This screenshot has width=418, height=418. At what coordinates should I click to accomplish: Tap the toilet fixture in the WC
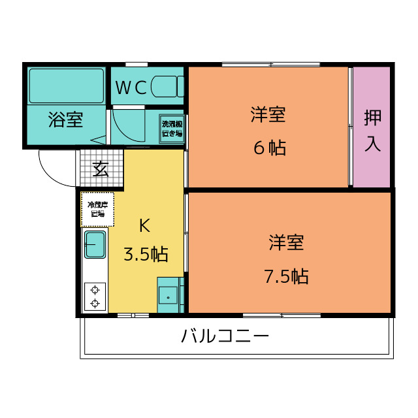click(167, 87)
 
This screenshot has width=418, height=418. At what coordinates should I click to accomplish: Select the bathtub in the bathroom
click(67, 86)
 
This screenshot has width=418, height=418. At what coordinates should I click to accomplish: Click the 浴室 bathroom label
click(65, 120)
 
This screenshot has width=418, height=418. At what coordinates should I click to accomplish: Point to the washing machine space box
click(172, 128)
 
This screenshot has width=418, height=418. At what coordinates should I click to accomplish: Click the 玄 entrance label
click(100, 169)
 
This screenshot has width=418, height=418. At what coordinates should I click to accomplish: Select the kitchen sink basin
click(95, 244)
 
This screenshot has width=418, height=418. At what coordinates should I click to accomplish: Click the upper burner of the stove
click(95, 289)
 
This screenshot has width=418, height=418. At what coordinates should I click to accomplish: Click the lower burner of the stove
click(95, 303)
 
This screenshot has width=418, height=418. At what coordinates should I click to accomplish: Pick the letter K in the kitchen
click(144, 226)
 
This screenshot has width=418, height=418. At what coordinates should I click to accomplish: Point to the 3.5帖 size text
click(146, 254)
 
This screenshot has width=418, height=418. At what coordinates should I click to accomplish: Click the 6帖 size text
click(269, 148)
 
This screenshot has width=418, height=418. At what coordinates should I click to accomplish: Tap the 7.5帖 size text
click(286, 276)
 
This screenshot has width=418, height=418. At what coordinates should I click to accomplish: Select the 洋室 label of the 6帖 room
click(268, 116)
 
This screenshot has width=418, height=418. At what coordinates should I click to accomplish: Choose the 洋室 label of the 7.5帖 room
click(286, 243)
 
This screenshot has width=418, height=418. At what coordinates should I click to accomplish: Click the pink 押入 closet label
click(372, 131)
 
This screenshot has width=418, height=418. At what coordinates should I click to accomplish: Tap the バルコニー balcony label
click(225, 337)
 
